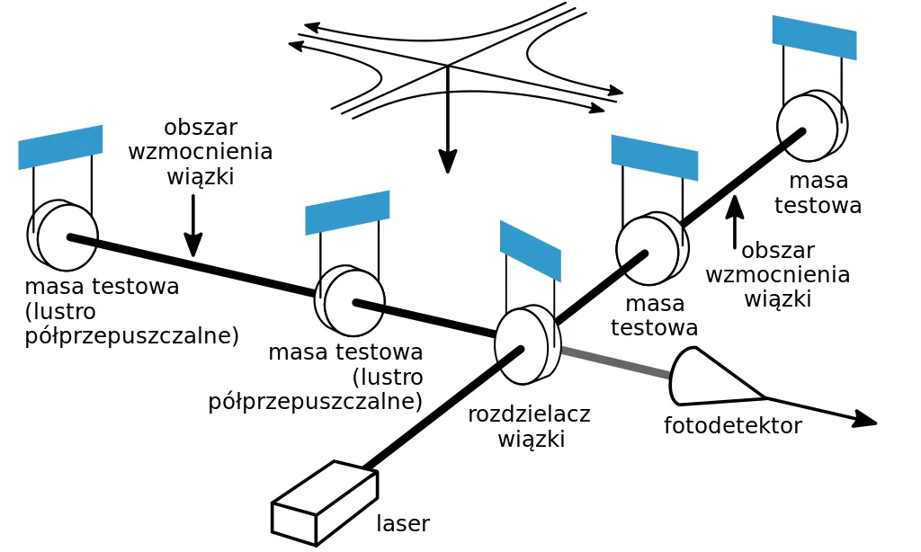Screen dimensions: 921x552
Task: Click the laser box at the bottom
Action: point(324,503)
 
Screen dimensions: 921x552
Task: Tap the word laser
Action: point(403,523)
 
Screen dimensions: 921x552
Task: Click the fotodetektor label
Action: point(732,425)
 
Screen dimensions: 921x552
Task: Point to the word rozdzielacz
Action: point(529,414)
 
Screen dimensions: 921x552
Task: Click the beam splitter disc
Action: point(527,344)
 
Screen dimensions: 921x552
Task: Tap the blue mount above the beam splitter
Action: point(531,251)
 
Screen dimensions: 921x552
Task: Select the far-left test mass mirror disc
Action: point(62,235)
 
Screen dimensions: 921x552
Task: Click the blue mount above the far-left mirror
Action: point(60,147)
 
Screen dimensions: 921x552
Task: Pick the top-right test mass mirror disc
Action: point(812,126)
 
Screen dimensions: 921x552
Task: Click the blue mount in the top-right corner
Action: point(814,38)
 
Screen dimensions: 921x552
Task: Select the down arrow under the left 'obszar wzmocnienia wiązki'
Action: point(193,226)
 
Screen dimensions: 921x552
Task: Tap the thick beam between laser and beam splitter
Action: point(443,408)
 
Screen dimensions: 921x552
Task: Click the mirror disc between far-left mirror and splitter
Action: point(350,300)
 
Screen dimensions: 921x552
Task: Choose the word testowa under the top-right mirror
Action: point(818,205)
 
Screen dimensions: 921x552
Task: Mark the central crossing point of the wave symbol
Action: point(448,66)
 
